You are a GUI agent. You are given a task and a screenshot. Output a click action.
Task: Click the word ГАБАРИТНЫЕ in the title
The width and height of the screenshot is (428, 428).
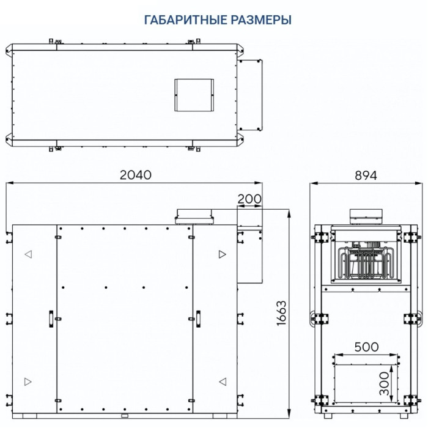point(182,20)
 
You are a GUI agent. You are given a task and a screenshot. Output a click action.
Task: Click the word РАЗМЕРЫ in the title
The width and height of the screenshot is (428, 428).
point(257,20)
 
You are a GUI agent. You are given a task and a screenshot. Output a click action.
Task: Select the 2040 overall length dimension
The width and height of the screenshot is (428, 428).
point(135,174)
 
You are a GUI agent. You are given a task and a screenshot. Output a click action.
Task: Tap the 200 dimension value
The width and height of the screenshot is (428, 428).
point(250,199)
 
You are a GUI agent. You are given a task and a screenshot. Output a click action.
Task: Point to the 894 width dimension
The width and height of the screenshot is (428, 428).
point(366,174)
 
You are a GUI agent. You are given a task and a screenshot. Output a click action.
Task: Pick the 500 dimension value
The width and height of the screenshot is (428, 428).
point(366,347)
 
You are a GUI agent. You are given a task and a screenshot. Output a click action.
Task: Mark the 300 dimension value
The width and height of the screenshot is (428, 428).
point(383,383)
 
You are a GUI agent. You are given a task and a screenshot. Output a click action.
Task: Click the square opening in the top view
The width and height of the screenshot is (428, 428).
point(194,95)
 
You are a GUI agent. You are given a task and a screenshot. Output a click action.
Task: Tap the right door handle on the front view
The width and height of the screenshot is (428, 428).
point(198,316)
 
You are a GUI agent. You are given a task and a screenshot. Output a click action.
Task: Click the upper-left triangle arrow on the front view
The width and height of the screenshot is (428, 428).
point(28,254)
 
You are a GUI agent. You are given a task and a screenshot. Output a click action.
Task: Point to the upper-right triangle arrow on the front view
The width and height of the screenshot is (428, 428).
point(222,254)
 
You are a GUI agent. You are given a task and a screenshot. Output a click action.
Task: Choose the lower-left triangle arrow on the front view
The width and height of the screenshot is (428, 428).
point(28,382)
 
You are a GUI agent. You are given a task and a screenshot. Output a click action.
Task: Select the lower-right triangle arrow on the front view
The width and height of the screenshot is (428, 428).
point(222,382)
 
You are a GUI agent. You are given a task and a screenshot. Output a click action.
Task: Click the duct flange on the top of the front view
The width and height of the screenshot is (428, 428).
point(194,215)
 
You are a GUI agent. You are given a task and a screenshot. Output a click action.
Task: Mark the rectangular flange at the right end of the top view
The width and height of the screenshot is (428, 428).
point(251,95)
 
